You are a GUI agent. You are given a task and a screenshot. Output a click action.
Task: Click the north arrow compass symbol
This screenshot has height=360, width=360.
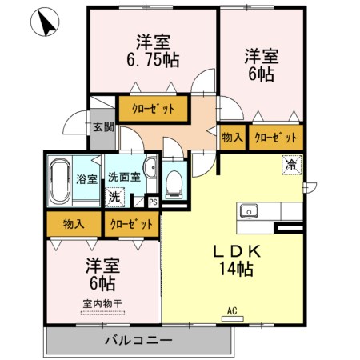click(x=45, y=22)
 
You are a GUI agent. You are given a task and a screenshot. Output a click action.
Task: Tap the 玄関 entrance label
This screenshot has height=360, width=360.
click(x=103, y=127)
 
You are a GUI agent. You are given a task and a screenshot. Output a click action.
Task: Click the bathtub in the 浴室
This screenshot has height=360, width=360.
click(x=60, y=182)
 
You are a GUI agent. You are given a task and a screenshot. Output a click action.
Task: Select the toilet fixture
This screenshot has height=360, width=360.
click(x=174, y=185)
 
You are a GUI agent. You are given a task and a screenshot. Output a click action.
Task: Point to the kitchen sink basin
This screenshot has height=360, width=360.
click(x=249, y=211)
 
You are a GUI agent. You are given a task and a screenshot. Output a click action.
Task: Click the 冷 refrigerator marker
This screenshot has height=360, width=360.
click(x=291, y=165)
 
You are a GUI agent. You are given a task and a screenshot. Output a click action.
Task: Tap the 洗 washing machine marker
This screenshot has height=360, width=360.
click(x=114, y=198)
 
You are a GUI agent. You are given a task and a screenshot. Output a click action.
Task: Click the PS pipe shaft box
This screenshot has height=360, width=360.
click(x=153, y=202)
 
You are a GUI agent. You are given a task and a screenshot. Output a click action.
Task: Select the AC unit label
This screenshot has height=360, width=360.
click(x=232, y=310)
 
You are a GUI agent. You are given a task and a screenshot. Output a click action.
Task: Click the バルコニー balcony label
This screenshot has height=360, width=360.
click(x=138, y=341)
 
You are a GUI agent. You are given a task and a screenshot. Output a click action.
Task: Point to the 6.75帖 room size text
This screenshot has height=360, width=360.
click(x=153, y=60)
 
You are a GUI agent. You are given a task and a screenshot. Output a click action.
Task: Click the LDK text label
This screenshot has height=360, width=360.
click(x=237, y=252)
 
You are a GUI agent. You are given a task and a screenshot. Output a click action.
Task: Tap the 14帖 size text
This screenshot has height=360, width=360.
click(x=236, y=269)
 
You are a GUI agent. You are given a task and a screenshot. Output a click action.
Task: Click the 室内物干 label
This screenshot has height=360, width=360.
click(x=102, y=304)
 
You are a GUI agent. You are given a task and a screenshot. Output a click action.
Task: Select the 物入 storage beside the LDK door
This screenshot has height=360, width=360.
click(x=233, y=138)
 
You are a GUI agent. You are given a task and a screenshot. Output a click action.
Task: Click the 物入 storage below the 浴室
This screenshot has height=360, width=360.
click(x=74, y=224)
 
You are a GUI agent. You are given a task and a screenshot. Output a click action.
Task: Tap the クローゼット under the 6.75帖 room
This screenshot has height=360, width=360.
click(x=153, y=109)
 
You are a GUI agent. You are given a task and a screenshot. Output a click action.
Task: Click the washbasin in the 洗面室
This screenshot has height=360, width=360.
click(x=150, y=167)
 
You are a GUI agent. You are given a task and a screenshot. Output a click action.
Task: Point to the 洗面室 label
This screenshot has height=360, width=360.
click(x=124, y=177)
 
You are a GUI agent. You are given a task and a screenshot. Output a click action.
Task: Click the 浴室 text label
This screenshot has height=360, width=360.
click(x=86, y=179)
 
